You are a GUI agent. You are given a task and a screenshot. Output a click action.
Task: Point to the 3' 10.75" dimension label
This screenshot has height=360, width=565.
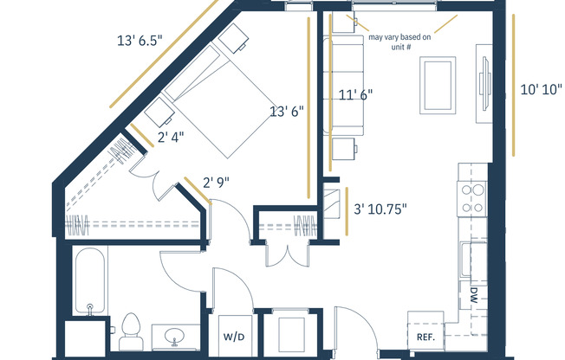coord(380,209)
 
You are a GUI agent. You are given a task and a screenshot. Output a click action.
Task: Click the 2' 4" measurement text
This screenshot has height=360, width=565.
coord(170,136)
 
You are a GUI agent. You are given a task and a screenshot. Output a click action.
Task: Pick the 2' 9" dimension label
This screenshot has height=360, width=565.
coord(217,182)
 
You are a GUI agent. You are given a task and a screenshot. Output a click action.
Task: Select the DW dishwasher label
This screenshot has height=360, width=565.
coord(475,294)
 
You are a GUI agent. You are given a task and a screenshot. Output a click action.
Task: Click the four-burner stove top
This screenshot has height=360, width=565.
coord(473,198)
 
